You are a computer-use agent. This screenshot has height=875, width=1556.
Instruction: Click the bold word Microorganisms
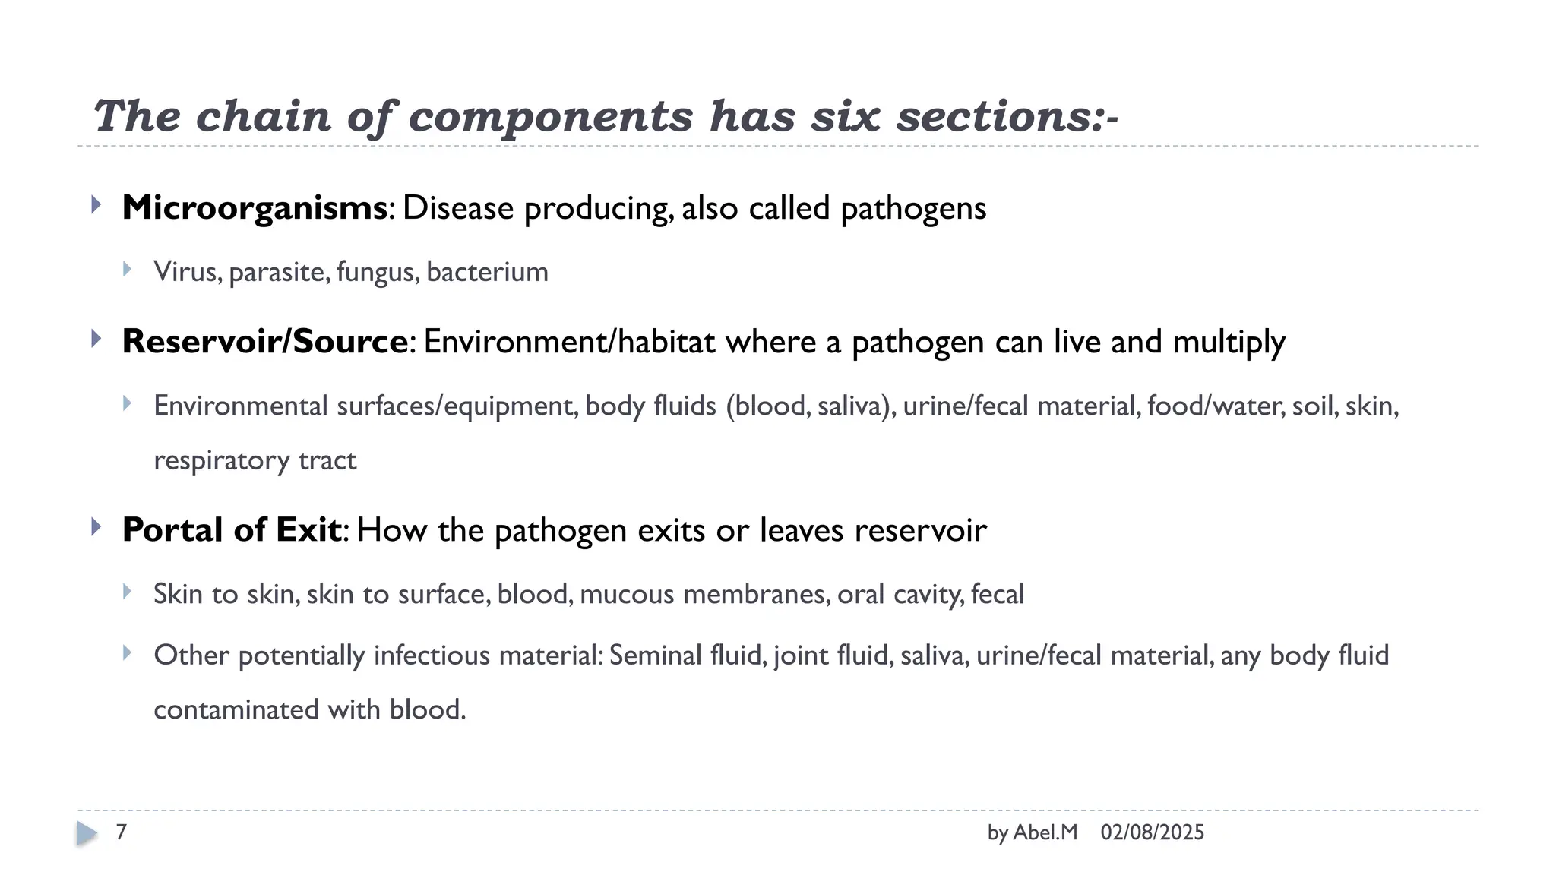point(254,208)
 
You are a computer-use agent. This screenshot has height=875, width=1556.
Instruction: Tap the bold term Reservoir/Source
point(265,342)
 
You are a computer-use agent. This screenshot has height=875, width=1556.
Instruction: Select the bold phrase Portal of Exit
point(231,530)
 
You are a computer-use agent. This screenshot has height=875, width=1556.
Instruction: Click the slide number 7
point(121,832)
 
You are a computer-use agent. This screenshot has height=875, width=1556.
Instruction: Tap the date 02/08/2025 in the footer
point(1152,832)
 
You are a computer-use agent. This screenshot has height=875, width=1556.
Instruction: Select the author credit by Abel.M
point(1032,832)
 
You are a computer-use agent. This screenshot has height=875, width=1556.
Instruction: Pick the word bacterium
point(487,272)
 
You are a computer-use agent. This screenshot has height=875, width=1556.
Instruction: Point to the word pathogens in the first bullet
point(913,209)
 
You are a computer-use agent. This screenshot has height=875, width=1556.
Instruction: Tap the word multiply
point(1229,343)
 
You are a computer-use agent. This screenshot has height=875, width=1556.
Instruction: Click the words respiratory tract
point(255,461)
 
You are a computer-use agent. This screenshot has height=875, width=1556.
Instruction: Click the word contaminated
point(236,709)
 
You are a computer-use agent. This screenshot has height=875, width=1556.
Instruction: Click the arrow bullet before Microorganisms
point(96,204)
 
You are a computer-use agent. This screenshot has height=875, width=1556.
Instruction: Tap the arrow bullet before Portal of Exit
point(96,526)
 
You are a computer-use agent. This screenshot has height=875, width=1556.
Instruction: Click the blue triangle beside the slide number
point(87,833)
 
